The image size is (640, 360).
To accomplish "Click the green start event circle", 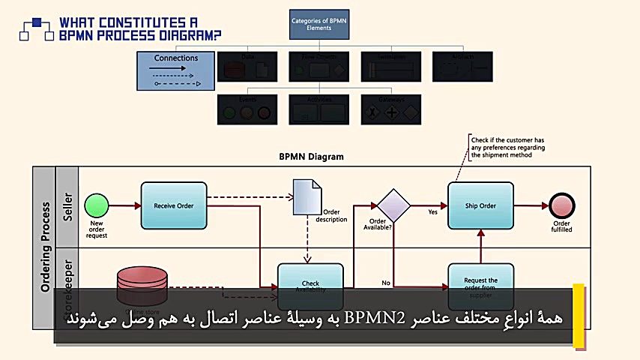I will (x=96, y=205).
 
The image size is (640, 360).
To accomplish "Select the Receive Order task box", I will (x=173, y=205).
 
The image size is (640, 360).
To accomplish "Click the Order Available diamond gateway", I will (x=393, y=205).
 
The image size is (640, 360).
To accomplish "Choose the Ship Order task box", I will (x=480, y=205).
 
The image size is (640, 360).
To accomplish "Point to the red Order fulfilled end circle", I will (x=561, y=205).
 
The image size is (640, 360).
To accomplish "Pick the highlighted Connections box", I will (x=176, y=70).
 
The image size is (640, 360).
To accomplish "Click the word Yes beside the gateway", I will (x=432, y=212).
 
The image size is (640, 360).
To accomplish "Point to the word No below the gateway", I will (x=386, y=283).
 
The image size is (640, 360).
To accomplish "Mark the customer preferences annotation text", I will (x=507, y=148).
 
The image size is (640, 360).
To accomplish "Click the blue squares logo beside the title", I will (x=36, y=28).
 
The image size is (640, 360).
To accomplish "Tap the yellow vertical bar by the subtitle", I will (x=578, y=315).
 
